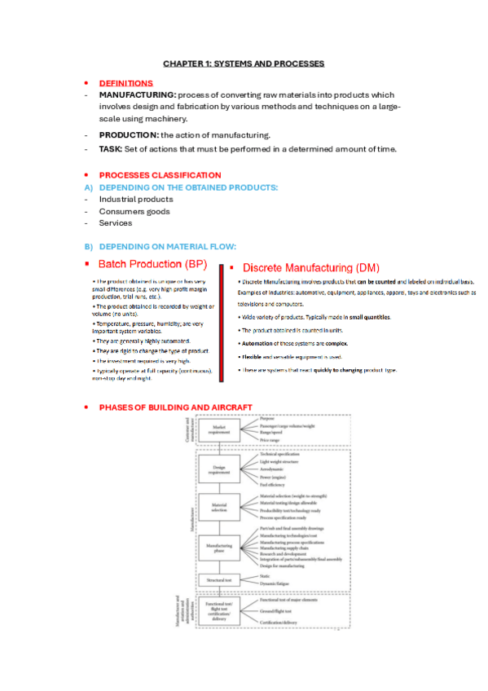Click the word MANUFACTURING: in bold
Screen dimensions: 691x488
tap(137, 95)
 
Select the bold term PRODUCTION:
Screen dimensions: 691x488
tap(128, 134)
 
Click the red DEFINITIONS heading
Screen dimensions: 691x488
tap(125, 83)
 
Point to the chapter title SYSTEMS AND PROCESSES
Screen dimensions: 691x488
tap(244, 63)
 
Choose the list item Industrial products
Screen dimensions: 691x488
tap(136, 199)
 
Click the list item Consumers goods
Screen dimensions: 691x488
tap(134, 211)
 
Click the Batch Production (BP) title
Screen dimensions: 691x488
tap(152, 264)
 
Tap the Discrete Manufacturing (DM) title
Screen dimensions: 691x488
tap(310, 267)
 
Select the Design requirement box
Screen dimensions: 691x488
tap(219, 469)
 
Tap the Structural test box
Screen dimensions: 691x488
tap(219, 580)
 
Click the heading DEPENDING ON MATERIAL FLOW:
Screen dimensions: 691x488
tap(167, 246)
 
